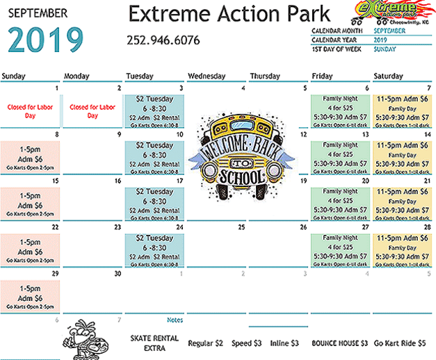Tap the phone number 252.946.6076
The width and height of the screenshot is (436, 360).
point(163,40)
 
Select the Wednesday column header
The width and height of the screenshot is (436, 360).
point(207,75)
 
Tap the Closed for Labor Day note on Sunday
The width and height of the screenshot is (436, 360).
point(31,111)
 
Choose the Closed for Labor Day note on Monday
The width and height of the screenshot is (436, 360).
point(92,111)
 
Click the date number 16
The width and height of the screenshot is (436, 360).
point(118,181)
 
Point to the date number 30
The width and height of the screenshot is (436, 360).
point(118,274)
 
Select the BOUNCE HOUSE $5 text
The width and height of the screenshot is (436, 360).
point(339,343)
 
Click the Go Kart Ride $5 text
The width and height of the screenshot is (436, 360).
point(400,343)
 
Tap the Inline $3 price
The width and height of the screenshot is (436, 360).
point(284,343)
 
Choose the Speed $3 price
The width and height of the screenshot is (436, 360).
point(247,343)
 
